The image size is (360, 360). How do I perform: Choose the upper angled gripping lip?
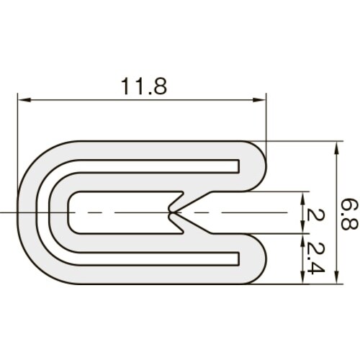pyautogui.click(x=193, y=199)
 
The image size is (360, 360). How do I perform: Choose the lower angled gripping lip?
pyautogui.click(x=193, y=227)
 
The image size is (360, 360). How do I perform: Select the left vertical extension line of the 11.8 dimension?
pyautogui.click(x=17, y=144)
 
